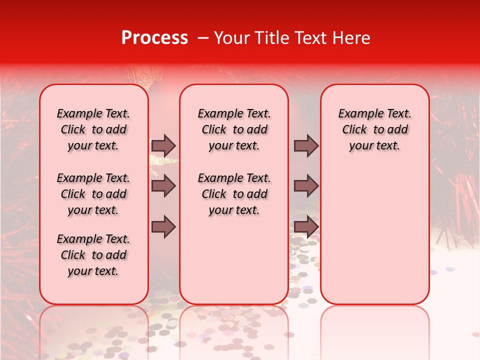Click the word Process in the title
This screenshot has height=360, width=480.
coord(154,38)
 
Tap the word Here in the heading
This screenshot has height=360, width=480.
coord(350,38)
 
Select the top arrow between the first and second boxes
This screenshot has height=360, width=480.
coord(163,145)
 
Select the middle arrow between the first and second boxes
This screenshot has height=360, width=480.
coord(163,186)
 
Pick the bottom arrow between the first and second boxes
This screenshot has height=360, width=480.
coord(163,227)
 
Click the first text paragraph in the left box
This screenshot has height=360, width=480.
coord(93,129)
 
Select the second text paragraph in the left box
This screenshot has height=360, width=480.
coord(93,194)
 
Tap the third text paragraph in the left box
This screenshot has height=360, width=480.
coord(93,255)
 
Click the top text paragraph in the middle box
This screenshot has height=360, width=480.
coord(234,129)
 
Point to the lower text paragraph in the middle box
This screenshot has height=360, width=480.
coord(234,194)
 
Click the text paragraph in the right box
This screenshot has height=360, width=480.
coord(375,129)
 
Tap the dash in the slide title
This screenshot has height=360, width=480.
coord(203,38)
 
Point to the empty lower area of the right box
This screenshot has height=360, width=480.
coord(375,240)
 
